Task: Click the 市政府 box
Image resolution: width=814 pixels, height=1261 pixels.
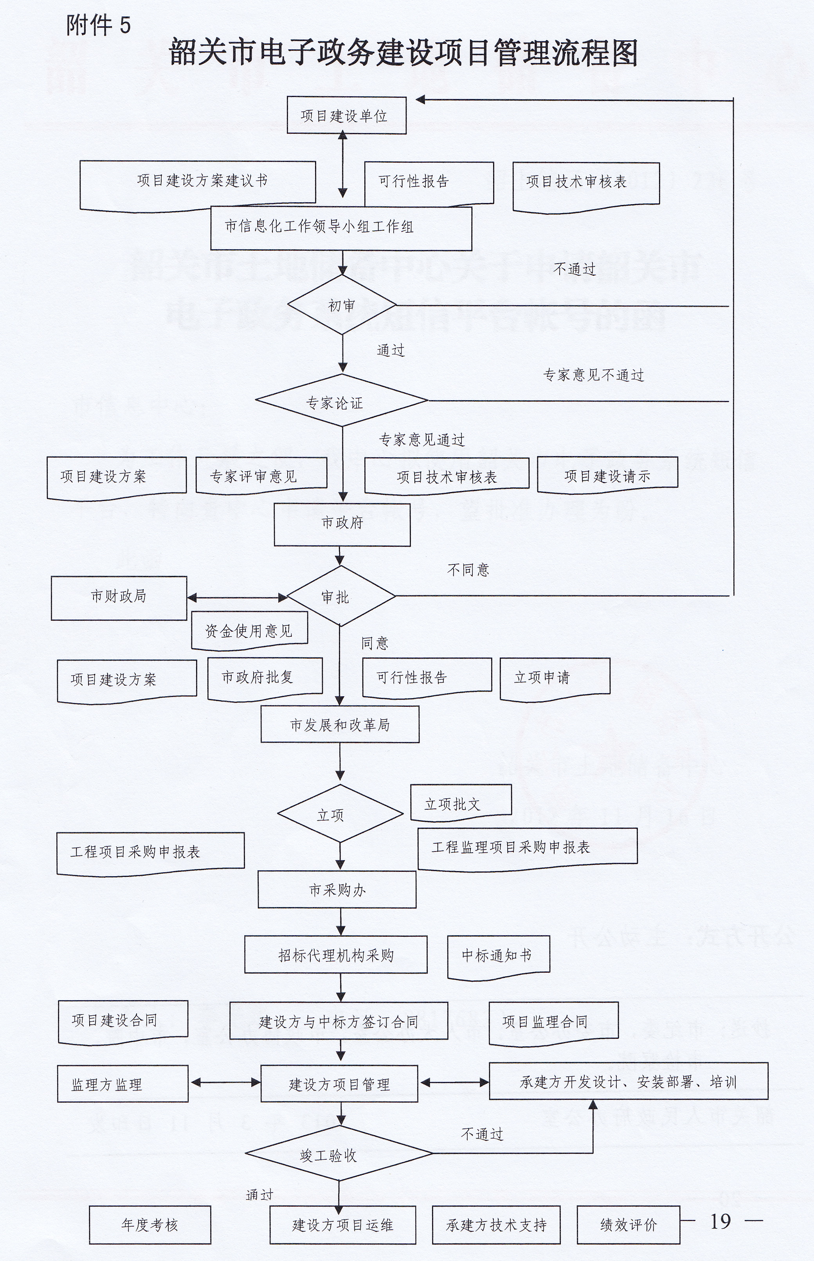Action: (342, 523)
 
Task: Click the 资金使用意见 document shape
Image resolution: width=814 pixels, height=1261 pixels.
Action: (249, 630)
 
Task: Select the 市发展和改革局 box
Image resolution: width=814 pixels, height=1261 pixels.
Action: (340, 724)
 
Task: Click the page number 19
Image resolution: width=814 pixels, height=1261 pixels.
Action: (720, 1221)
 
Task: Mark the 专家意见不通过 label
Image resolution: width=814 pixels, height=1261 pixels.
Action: (594, 375)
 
